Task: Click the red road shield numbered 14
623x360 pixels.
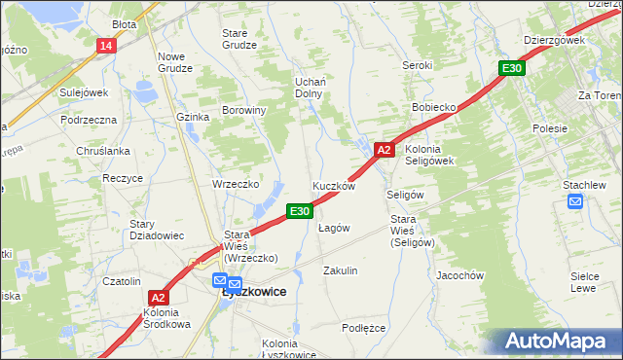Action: click(106, 46)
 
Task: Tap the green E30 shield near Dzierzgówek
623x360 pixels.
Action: click(512, 68)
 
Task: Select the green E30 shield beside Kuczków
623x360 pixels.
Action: click(300, 210)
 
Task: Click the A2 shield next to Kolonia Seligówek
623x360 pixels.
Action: click(384, 150)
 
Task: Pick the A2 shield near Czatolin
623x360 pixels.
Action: click(160, 298)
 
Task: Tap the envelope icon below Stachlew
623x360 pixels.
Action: click(575, 202)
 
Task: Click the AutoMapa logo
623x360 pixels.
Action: click(553, 342)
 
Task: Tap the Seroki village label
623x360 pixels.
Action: click(417, 65)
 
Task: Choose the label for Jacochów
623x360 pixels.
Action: click(460, 275)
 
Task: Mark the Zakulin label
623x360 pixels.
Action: click(341, 270)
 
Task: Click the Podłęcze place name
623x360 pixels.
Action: click(364, 328)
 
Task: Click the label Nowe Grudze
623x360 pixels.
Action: click(176, 62)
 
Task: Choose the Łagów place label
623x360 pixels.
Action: click(334, 228)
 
